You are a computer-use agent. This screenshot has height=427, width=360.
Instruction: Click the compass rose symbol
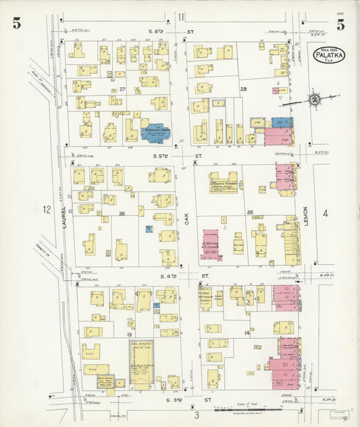(314, 100)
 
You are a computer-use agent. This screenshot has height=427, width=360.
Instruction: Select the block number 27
(122, 89)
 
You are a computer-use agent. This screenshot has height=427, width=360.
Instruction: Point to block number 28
(243, 89)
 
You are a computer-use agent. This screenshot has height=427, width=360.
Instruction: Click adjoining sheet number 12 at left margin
(46, 209)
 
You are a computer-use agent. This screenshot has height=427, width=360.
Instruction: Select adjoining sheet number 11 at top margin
(180, 16)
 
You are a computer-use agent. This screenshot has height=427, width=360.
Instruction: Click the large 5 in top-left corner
(16, 25)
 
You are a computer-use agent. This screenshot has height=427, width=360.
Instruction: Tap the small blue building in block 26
(147, 229)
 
